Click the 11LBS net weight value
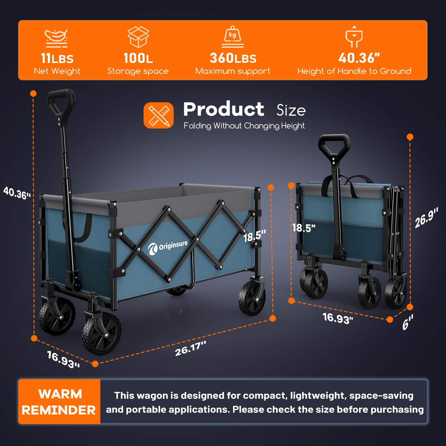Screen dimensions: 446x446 (57, 59)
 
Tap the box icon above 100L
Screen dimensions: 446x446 (138, 37)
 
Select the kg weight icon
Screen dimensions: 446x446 (232, 37)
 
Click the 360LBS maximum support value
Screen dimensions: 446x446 (233, 58)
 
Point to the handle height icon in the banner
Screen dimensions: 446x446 (354, 37)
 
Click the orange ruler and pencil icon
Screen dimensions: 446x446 (159, 115)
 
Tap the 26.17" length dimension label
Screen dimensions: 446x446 (191, 348)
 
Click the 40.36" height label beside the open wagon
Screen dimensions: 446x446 (17, 193)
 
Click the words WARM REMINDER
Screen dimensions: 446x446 (59, 402)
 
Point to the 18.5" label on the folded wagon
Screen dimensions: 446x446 (304, 228)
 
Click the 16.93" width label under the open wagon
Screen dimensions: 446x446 (64, 360)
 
